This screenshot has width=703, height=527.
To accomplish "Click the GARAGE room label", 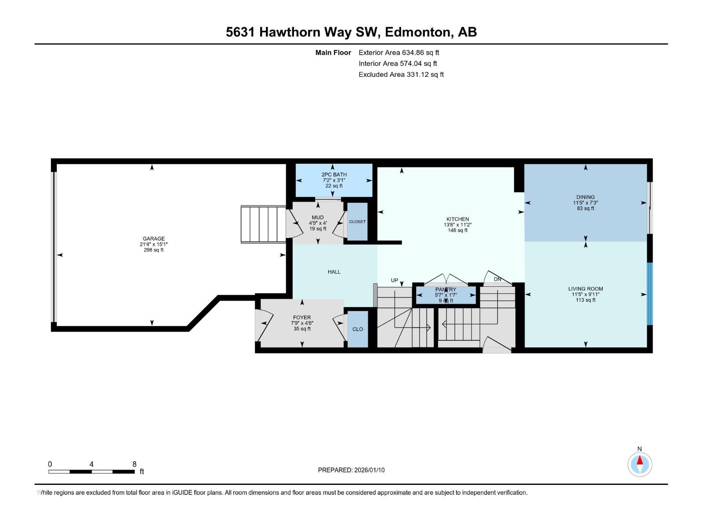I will coord(154,239).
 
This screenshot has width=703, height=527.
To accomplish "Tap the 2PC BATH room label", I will coord(334,175).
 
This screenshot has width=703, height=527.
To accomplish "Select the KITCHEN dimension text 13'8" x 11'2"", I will coord(457,225).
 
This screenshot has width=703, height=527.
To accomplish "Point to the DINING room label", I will coord(585,197).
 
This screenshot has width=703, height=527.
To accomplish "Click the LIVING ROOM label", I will coord(585,289).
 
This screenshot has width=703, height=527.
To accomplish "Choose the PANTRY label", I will coord(446,290).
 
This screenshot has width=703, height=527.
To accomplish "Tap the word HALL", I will coord(334,272).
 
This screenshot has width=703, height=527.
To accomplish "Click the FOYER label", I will coord(302,318).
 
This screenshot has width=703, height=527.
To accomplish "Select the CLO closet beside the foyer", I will coord(358,329).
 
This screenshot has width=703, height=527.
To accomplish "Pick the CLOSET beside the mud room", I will coord(357,222).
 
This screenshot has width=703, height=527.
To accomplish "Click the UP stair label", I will coord(395,280).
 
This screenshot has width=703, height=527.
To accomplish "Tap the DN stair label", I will coord(497,279).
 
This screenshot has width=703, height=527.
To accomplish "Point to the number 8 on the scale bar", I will coord(134,464).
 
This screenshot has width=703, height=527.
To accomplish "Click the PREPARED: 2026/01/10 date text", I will coord(351,470).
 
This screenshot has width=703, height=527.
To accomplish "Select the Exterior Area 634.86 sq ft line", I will coord(399,53).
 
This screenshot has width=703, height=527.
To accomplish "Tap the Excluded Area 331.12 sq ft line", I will coord(401,75).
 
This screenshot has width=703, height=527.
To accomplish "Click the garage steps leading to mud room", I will coord(264,224).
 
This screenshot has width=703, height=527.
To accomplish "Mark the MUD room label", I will coord(318,217).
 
